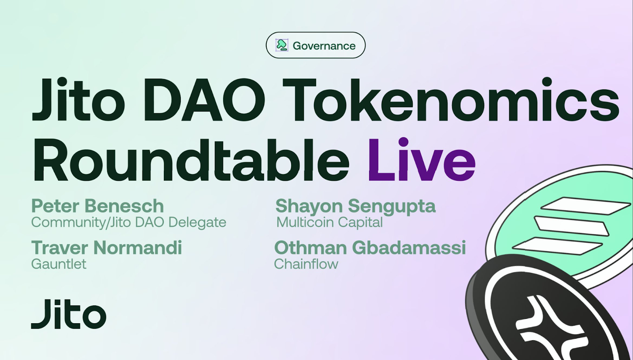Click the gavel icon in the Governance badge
coord(282,45)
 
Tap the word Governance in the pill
coord(324,46)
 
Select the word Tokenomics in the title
coord(451,100)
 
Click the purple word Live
coord(422,160)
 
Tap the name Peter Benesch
coord(97,206)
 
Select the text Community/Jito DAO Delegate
coord(129,222)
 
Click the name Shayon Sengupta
coord(356,206)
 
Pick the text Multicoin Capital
coord(330,222)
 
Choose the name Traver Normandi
coord(106,248)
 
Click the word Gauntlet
coord(59,264)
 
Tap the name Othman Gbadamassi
coord(370,248)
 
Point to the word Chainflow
coord(306,264)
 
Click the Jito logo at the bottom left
coord(69,314)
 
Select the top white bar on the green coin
coord(586,206)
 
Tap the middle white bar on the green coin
coord(571,226)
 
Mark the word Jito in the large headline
coord(79,100)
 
